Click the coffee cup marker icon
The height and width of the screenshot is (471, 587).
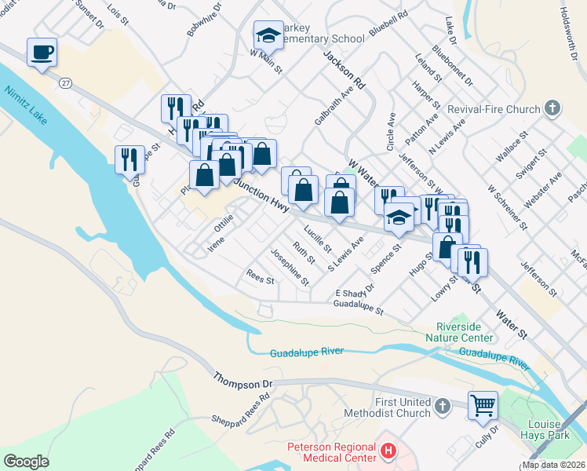pos(42,53)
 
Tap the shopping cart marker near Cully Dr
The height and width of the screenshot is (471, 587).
pos(483,406)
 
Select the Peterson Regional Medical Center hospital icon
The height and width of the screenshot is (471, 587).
pos(387,451)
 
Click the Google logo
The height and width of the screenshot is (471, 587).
pos(26,462)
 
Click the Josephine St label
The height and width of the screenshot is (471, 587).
pos(290,267)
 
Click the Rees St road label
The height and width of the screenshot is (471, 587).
pos(260,279)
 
